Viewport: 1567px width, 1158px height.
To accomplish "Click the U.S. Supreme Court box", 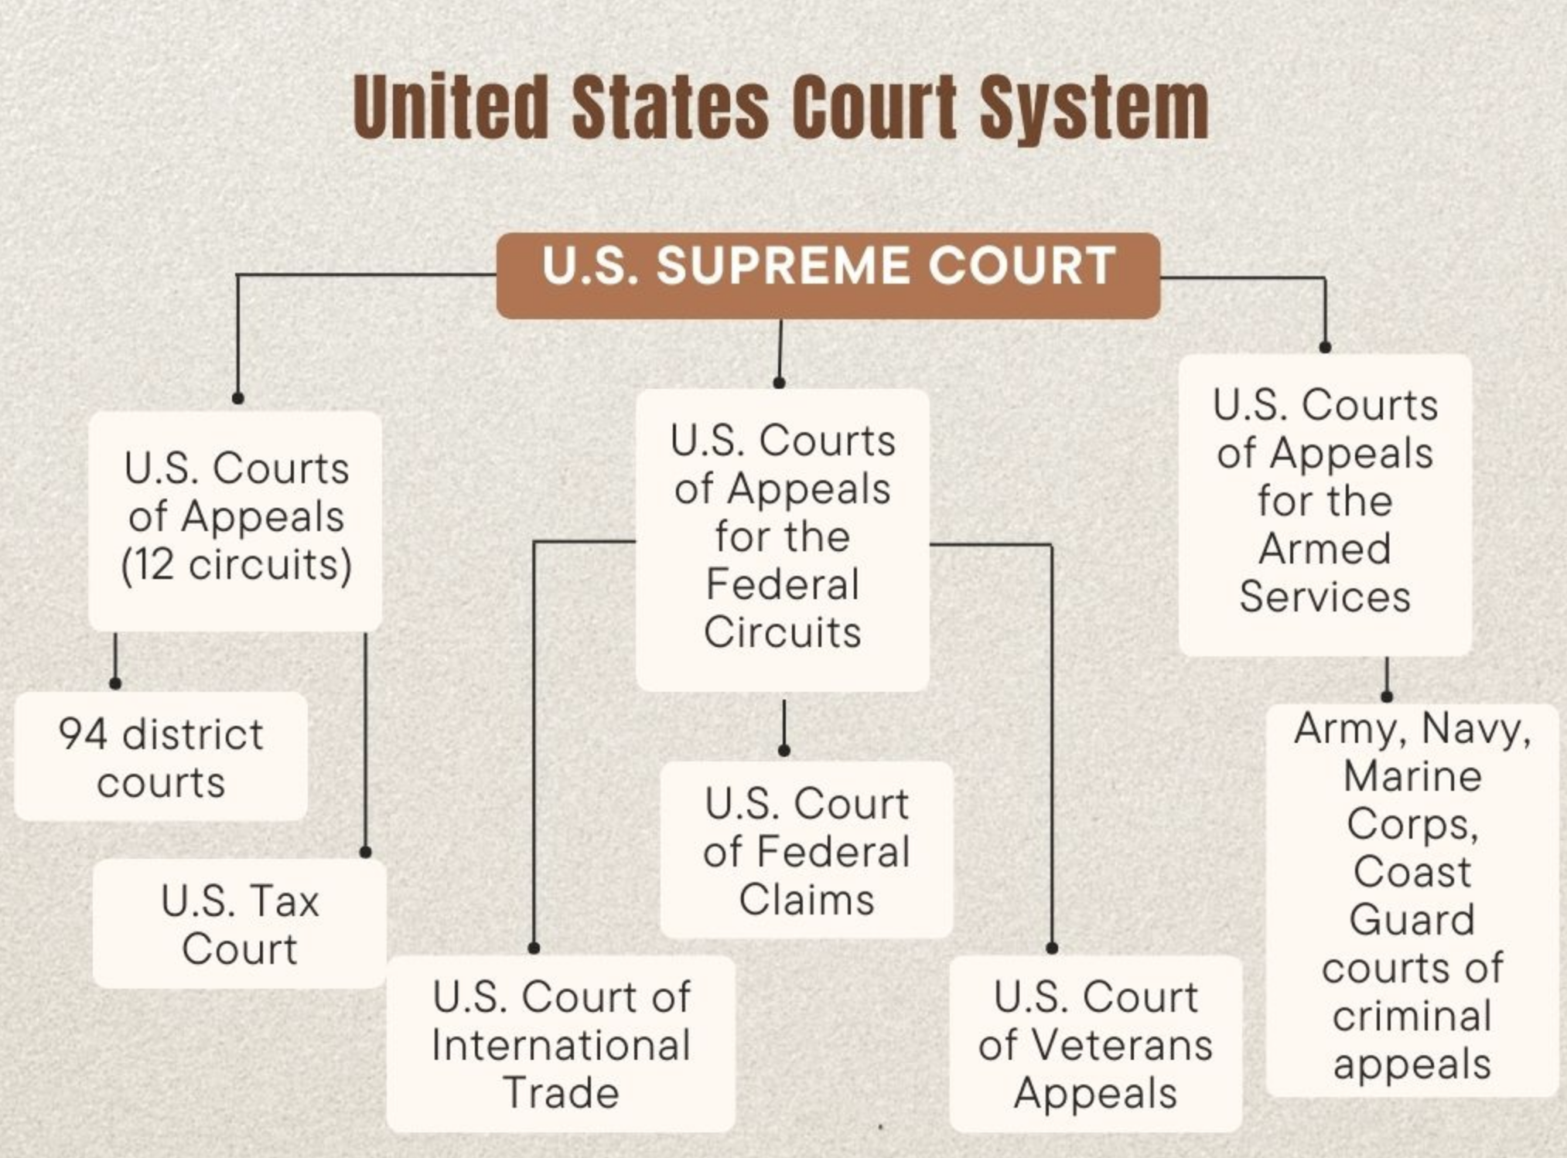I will (x=828, y=275).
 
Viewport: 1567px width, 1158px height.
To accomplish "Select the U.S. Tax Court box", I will (x=240, y=925).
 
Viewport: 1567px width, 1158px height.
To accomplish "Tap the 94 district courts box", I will (x=161, y=758).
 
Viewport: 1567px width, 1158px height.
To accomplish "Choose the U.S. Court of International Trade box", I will (x=561, y=1044).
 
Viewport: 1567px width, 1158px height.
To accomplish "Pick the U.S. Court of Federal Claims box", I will (x=807, y=850).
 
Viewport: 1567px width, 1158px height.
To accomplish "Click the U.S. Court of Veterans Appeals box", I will (x=1095, y=1044).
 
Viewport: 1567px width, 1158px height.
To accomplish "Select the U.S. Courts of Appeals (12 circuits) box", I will (x=235, y=518).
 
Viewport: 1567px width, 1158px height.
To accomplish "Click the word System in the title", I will (x=1094, y=108).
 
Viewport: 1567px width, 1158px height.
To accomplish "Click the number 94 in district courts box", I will (x=83, y=734).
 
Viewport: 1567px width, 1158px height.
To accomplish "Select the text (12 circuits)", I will (x=237, y=565).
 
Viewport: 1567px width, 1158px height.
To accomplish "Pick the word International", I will (x=561, y=1045).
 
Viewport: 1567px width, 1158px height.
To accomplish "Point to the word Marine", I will (x=1412, y=776).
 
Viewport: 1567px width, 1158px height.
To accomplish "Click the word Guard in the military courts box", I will (x=1412, y=920).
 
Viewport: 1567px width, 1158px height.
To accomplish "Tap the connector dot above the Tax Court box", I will (x=366, y=852).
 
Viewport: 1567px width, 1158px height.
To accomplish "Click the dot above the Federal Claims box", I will (x=784, y=751).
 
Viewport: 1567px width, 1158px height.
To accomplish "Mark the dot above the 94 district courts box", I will (x=115, y=683).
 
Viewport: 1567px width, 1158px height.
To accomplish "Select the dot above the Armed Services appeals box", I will (x=1325, y=348).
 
